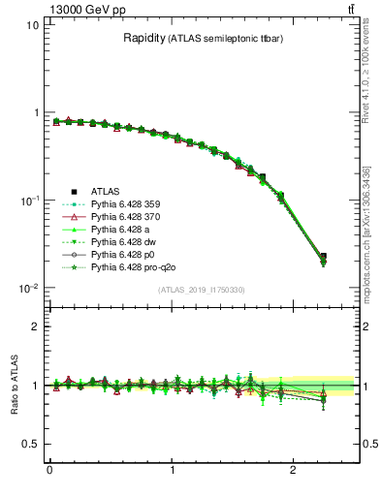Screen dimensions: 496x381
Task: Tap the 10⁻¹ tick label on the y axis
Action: (27, 201)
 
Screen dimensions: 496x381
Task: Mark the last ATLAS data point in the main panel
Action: (323, 257)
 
